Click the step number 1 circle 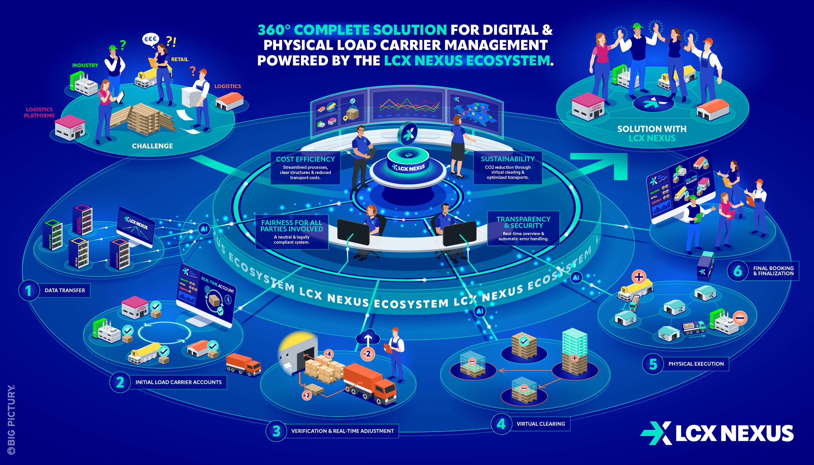[28, 290]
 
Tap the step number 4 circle [501, 424]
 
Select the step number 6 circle [737, 271]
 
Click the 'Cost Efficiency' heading [305, 159]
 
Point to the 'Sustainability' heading [508, 159]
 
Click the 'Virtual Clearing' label [540, 424]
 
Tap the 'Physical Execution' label [696, 364]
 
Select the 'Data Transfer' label [65, 290]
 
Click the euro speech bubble [150, 39]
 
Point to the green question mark [122, 44]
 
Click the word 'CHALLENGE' [152, 146]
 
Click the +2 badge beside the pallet [306, 395]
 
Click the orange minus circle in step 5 [740, 318]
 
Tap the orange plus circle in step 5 [639, 277]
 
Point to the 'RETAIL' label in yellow [179, 59]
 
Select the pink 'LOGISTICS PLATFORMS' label [39, 112]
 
